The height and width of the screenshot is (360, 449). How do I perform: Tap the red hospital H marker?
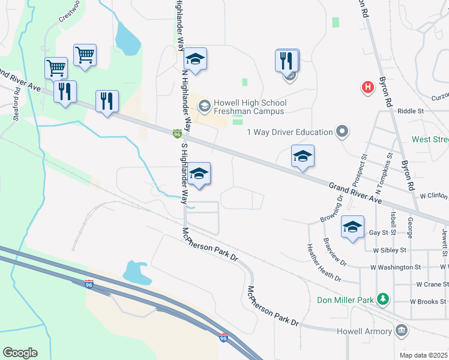368,88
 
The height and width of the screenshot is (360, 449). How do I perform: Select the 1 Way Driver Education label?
289,132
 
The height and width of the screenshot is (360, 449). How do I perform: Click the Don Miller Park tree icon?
382,299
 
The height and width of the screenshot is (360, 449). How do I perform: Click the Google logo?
20,353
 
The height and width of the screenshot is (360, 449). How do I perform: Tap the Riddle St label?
411,111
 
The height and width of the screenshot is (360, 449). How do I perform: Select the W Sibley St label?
389,250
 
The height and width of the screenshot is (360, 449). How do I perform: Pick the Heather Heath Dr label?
324,263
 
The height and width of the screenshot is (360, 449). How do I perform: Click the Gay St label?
379,232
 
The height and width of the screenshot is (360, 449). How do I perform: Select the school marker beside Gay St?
352,227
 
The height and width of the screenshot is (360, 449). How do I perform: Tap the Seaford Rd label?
17,110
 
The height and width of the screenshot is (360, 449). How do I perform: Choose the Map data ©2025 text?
423,355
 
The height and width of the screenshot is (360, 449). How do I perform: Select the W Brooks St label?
429,301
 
